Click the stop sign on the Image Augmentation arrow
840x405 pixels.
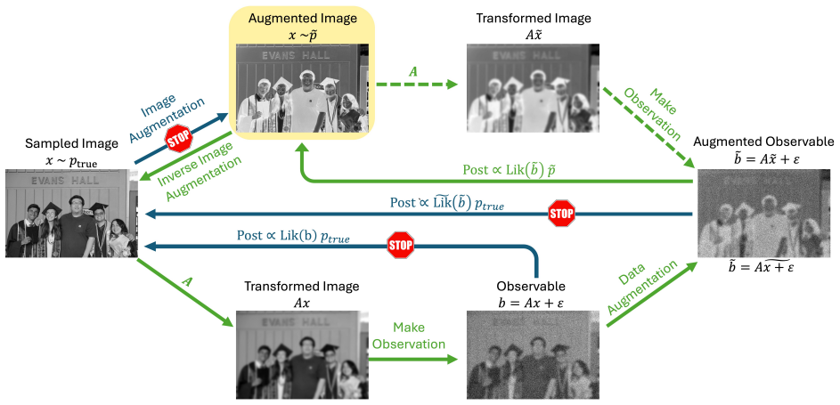179,141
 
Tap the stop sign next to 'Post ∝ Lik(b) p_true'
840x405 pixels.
401,246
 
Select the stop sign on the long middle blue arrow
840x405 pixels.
561,214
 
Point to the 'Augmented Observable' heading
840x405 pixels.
764,142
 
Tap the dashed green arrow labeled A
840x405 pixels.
416,84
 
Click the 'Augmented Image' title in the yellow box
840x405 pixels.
302,19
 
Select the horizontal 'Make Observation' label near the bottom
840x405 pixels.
409,336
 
